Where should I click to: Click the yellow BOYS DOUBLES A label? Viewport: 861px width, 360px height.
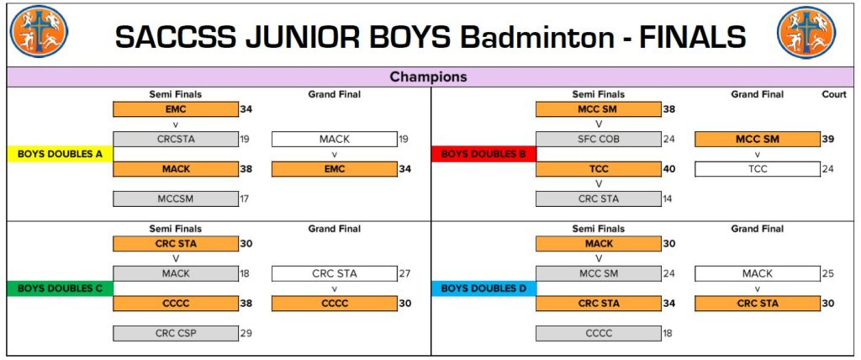click(60, 154)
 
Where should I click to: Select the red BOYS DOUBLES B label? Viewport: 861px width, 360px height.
click(483, 154)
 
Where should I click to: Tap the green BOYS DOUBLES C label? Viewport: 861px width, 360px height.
click(60, 288)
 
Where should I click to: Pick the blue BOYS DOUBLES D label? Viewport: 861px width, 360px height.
click(483, 288)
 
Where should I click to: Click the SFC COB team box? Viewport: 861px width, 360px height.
click(599, 139)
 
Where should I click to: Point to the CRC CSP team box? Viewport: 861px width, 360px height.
click(176, 333)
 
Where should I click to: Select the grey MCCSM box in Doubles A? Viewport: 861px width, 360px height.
click(176, 199)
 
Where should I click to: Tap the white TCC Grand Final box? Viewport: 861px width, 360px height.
click(758, 169)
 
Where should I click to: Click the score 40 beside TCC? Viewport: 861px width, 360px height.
click(668, 169)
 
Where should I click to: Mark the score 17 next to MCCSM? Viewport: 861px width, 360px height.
click(245, 199)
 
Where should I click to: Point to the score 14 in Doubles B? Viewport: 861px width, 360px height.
click(667, 199)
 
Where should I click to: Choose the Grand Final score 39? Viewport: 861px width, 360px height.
click(827, 139)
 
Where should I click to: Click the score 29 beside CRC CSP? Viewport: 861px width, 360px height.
click(246, 333)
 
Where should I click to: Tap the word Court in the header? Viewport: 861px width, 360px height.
click(834, 94)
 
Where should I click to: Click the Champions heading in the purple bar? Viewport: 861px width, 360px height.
click(428, 77)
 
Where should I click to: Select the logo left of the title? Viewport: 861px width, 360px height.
click(39, 31)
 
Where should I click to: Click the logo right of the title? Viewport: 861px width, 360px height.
click(806, 33)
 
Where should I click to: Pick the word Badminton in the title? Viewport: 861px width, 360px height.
click(537, 37)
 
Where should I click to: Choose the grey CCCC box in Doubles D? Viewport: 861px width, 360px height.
click(599, 333)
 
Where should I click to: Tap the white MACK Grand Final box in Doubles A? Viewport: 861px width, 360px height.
click(335, 139)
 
